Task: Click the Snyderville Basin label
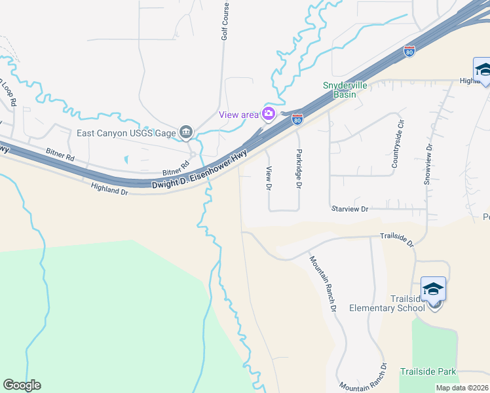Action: click(339, 90)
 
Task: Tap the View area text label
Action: click(239, 115)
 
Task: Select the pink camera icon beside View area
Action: click(268, 114)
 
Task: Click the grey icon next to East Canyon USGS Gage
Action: click(186, 132)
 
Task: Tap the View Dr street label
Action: click(268, 178)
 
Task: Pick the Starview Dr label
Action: click(351, 208)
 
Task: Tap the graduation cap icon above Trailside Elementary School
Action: click(433, 289)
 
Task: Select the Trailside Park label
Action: click(428, 371)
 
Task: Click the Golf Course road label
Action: click(225, 23)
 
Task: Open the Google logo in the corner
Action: click(22, 385)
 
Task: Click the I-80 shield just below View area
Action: click(297, 119)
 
